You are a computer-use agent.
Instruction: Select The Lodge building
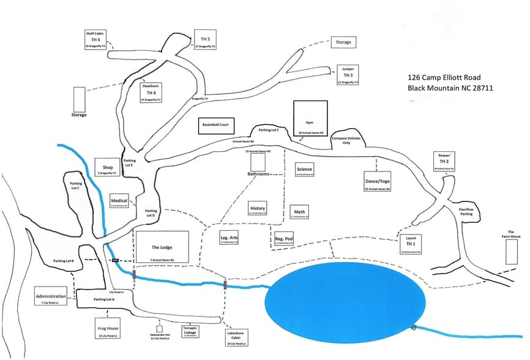(162, 248)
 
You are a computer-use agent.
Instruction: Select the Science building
(304, 170)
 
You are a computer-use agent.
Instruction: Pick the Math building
(299, 212)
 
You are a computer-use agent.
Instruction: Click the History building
(258, 209)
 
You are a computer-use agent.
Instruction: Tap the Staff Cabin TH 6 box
(95, 39)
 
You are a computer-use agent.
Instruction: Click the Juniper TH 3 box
(348, 75)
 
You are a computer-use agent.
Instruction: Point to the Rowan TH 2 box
(444, 161)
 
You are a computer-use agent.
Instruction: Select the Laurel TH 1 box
(411, 244)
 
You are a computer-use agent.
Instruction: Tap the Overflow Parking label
(466, 212)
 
